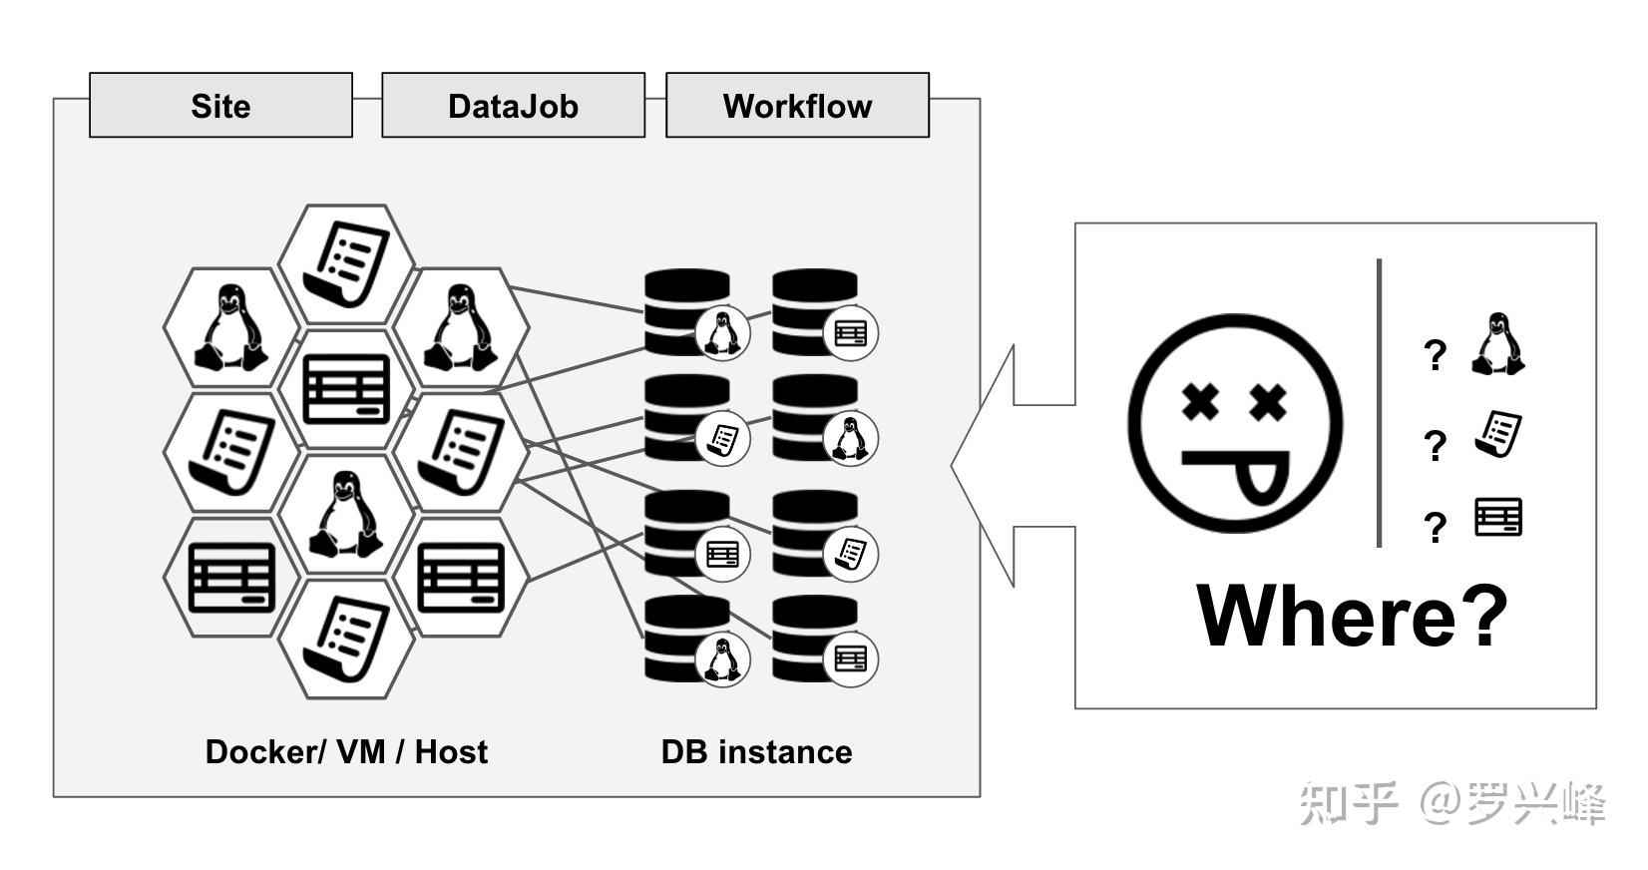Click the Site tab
pyautogui.click(x=220, y=106)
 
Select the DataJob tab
pyautogui.click(x=513, y=106)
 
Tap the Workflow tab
pyautogui.click(x=797, y=106)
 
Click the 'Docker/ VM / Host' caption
pyautogui.click(x=346, y=751)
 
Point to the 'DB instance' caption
pyautogui.click(x=756, y=751)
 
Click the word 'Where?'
pyautogui.click(x=1352, y=616)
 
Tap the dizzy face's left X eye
pyautogui.click(x=1200, y=403)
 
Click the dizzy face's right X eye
pyautogui.click(x=1268, y=403)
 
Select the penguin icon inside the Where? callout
pyautogui.click(x=1497, y=344)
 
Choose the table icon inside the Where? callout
pyautogui.click(x=1498, y=518)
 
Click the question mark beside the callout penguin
pyautogui.click(x=1435, y=354)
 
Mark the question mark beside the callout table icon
pyautogui.click(x=1435, y=527)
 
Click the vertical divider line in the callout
pyautogui.click(x=1379, y=403)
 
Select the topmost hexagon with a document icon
pyautogui.click(x=346, y=263)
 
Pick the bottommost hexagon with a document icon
pyautogui.click(x=346, y=639)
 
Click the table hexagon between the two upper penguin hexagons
pyautogui.click(x=346, y=388)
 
